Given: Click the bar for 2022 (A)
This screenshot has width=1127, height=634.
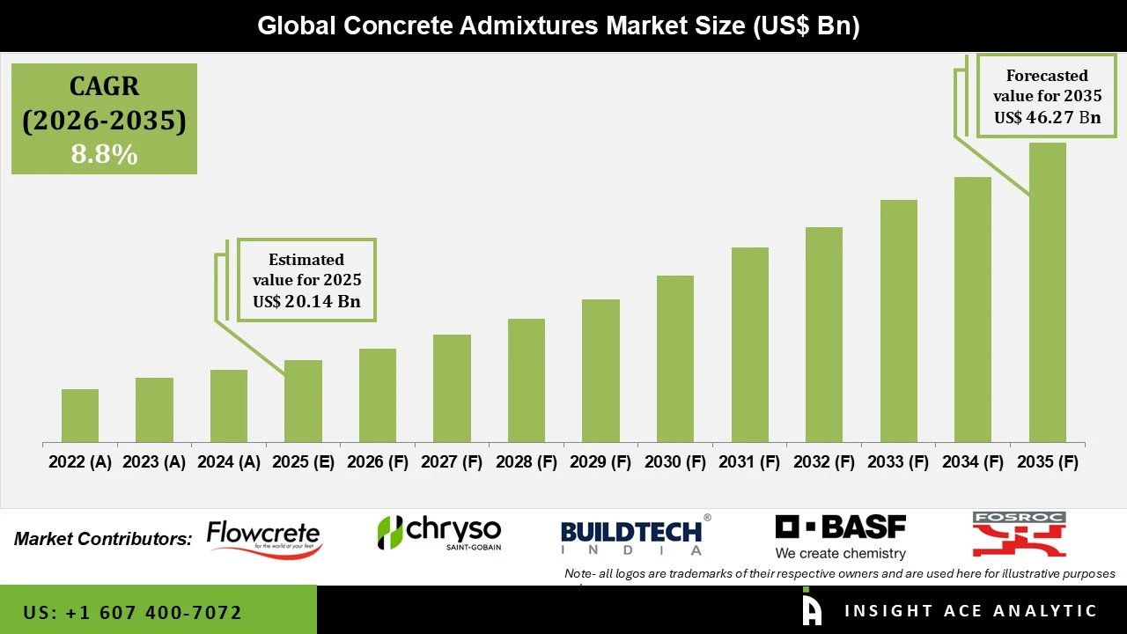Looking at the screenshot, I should [x=80, y=416].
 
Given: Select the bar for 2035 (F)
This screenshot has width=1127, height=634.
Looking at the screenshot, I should [x=1047, y=292].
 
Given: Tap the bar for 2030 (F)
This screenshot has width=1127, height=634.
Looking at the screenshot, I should [x=674, y=359].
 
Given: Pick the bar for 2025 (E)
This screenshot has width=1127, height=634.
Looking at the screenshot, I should [x=303, y=401].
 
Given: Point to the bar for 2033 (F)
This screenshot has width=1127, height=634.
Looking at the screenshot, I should [x=898, y=321].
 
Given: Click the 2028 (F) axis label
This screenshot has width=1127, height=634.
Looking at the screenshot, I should [x=527, y=462].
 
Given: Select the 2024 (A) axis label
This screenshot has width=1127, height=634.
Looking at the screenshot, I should [x=229, y=462].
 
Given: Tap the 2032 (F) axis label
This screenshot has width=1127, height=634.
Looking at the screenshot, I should [x=824, y=462].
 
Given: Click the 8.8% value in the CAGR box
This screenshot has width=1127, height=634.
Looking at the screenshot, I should [x=104, y=155].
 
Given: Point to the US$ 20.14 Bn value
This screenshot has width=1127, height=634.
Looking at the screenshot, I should [x=306, y=302].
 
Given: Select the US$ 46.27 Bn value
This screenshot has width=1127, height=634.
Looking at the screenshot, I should [x=1047, y=117].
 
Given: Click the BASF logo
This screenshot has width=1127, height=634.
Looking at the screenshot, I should [x=840, y=536].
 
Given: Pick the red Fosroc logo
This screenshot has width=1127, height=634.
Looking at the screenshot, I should [x=1019, y=534].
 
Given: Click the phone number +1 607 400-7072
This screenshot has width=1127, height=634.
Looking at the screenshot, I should [x=133, y=612].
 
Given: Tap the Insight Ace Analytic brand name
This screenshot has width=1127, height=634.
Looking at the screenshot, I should [x=970, y=611].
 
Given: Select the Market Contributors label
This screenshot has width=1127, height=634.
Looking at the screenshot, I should [x=103, y=539].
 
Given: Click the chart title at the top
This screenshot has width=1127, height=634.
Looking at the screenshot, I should [x=558, y=26].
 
